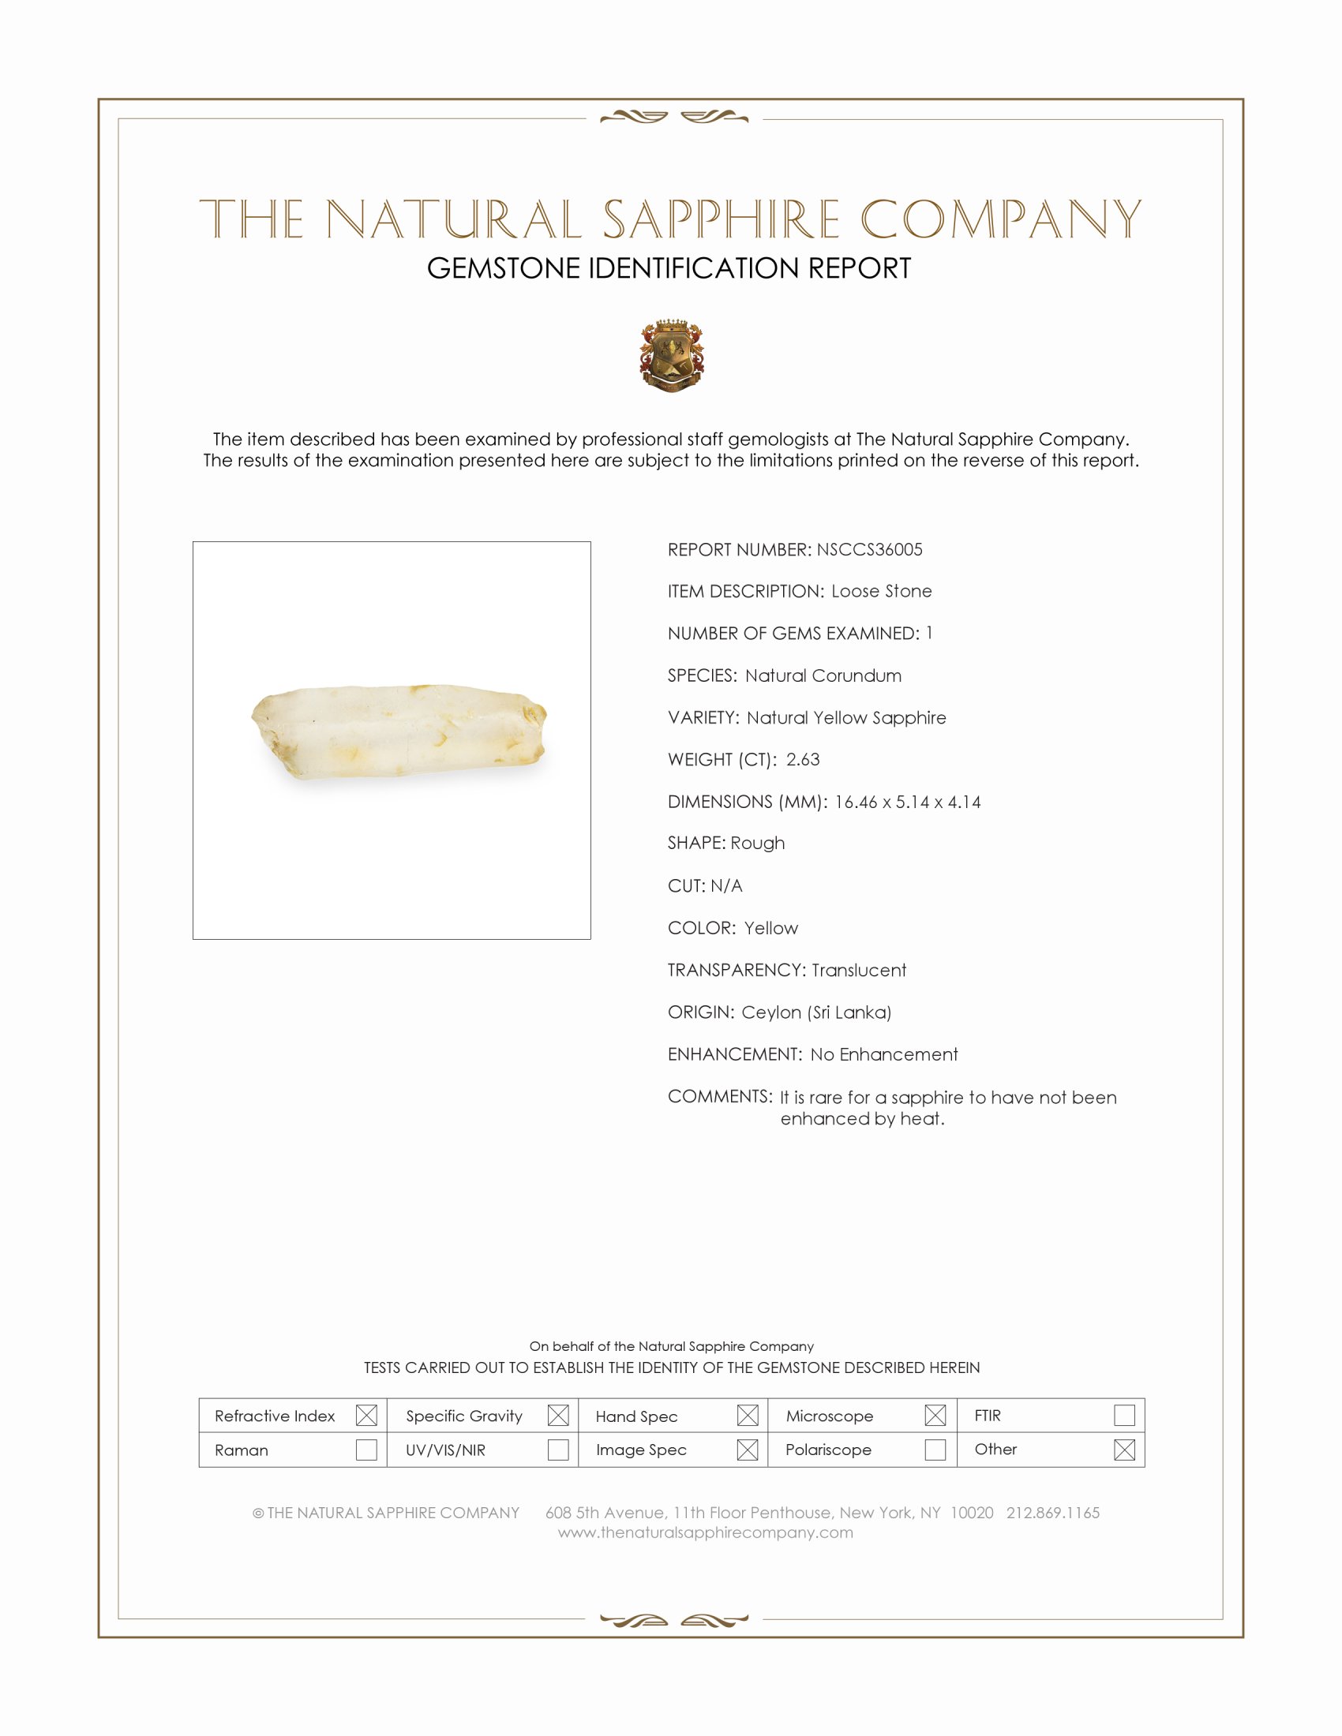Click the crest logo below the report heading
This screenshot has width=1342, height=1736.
click(x=672, y=355)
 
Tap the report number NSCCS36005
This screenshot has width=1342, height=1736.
click(x=869, y=549)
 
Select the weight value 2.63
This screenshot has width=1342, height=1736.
click(x=802, y=759)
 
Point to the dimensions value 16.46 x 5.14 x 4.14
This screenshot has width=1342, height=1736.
click(x=907, y=802)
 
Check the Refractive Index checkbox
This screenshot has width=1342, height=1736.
click(x=366, y=1415)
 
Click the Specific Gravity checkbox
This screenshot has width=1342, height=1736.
click(x=558, y=1415)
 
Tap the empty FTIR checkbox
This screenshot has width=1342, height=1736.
click(x=1124, y=1415)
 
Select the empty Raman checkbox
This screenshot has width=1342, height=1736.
click(x=366, y=1450)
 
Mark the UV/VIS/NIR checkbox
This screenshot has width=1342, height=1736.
click(x=558, y=1450)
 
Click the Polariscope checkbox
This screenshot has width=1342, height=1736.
click(x=935, y=1450)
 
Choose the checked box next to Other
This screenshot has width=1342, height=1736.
click(x=1124, y=1450)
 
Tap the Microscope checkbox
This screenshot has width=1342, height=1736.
click(x=935, y=1415)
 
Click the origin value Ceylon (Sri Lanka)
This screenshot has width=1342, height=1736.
click(x=816, y=1012)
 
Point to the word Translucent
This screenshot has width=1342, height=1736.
click(x=859, y=970)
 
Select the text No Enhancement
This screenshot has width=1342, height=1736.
click(x=884, y=1054)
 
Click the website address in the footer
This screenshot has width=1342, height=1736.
click(x=705, y=1532)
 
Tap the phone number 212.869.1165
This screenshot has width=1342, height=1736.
click(x=1052, y=1513)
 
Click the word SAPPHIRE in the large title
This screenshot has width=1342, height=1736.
click(x=721, y=219)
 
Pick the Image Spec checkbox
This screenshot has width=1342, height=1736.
click(x=748, y=1450)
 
